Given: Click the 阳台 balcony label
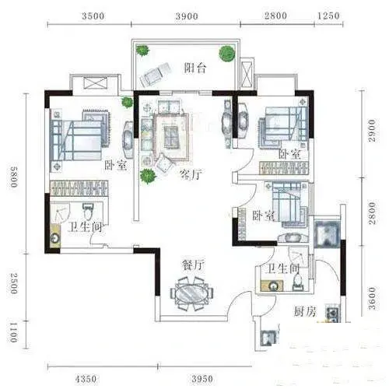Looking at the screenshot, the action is [x=195, y=68].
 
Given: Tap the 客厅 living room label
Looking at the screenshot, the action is [x=191, y=174].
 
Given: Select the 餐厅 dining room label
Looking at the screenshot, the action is [x=194, y=265].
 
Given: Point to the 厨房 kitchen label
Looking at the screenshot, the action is [x=305, y=312].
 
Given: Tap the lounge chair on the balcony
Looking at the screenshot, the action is [x=155, y=75].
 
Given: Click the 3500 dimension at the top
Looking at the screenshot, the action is [x=93, y=16].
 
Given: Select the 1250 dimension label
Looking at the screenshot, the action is [x=328, y=16].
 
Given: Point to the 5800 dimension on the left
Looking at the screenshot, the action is [x=13, y=177].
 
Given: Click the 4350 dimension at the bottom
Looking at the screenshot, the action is [x=86, y=379].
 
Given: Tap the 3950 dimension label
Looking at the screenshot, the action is [x=202, y=379].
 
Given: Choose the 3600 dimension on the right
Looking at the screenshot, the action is [x=372, y=298].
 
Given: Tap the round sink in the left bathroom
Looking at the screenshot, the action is [x=55, y=238].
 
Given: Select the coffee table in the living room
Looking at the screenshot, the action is [x=170, y=137].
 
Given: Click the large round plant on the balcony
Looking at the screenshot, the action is [x=227, y=54].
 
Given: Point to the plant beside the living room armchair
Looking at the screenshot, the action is [x=148, y=176].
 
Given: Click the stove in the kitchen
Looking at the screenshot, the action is [x=333, y=314].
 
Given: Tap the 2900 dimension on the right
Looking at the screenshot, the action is [x=372, y=131].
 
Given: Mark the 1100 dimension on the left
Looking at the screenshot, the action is [x=13, y=333].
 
